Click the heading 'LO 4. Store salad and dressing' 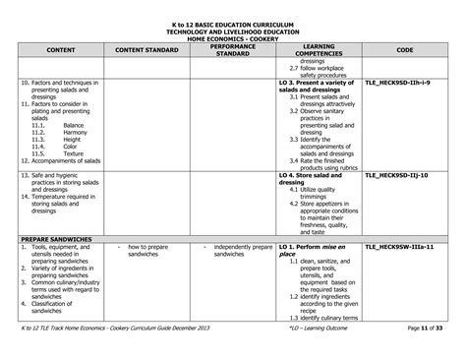[315, 179]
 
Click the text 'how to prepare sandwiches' [147, 250]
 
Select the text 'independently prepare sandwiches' [236, 250]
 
